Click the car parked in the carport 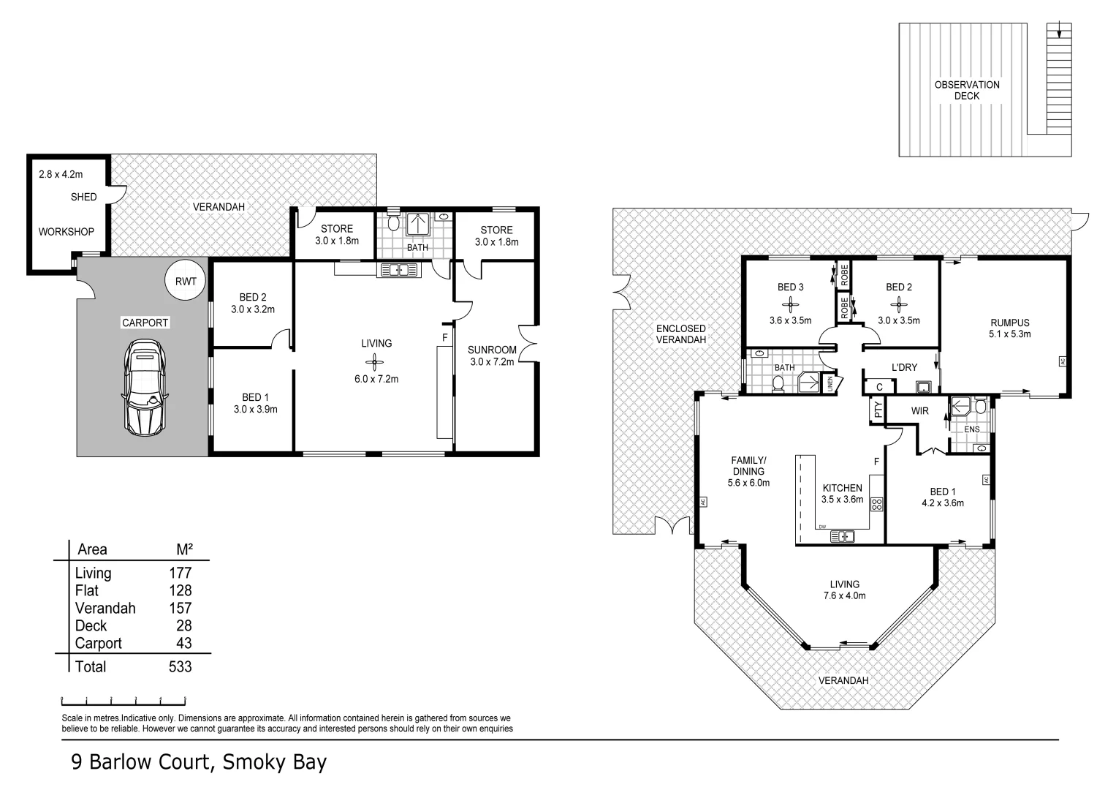click(145, 391)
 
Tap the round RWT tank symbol click(186, 281)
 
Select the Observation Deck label click(966, 90)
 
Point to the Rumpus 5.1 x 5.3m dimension click(1009, 334)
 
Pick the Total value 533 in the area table click(180, 666)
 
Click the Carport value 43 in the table click(183, 643)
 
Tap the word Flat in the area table click(86, 590)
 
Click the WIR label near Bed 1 click(919, 411)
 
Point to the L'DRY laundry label click(904, 367)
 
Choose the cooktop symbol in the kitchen click(877, 503)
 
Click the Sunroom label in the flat click(492, 350)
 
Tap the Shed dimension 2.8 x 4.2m click(61, 174)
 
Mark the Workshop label click(67, 232)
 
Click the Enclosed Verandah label click(680, 334)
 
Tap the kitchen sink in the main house click(843, 536)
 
